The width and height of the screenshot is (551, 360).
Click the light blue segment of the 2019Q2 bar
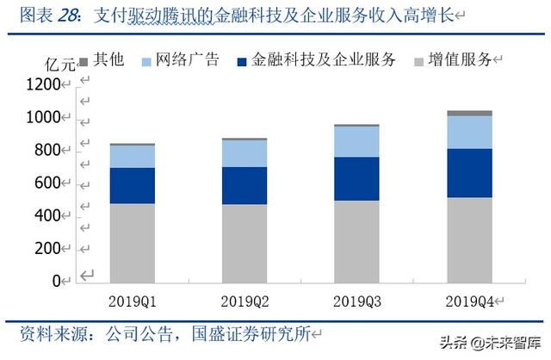[x=244, y=152]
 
